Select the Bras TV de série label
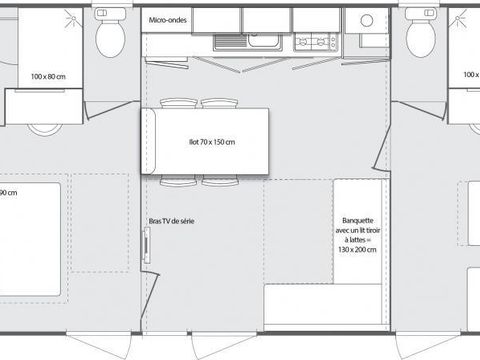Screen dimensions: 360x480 click(170, 222)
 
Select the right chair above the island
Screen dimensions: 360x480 click(218, 103)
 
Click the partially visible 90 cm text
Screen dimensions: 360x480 click(8, 190)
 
